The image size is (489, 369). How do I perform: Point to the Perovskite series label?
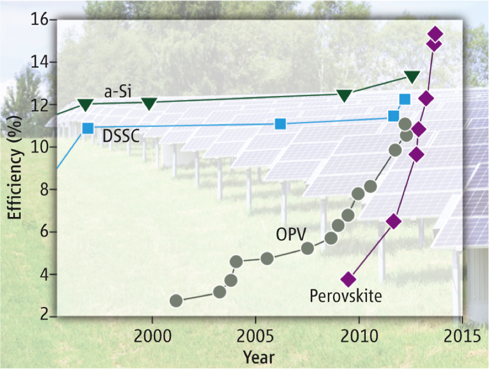[346, 296]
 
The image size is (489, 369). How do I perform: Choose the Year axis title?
[258, 358]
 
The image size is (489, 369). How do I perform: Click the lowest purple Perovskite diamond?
[349, 279]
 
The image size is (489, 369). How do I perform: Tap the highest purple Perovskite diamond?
[435, 34]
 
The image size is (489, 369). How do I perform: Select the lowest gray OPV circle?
[176, 301]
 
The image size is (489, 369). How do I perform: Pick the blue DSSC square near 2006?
[281, 124]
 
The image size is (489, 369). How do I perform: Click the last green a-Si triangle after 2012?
[412, 77]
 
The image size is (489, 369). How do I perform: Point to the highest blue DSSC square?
[405, 99]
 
